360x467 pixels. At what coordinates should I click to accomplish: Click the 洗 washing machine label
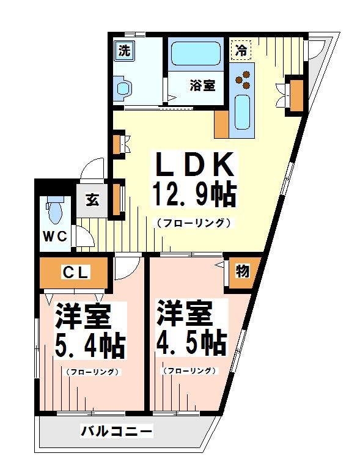(124, 51)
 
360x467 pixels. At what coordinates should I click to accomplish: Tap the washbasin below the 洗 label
(123, 89)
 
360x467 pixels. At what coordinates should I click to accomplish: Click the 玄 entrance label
(92, 200)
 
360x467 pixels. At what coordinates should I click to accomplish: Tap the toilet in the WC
(54, 211)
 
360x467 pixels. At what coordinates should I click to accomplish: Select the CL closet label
(75, 273)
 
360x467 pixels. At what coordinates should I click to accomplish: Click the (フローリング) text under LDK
(194, 224)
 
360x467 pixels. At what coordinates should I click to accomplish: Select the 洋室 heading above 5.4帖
(83, 317)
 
